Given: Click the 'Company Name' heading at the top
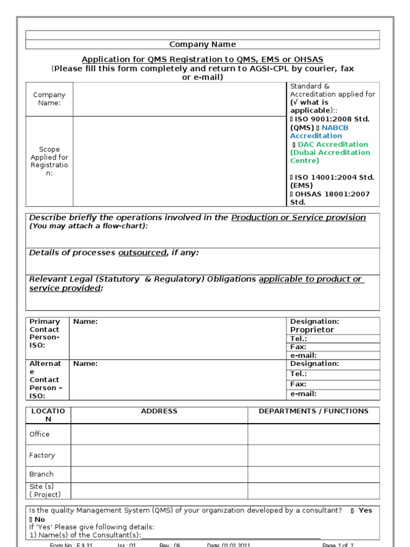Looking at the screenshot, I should tap(202, 44).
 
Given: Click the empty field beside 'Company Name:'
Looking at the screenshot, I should tap(179, 99).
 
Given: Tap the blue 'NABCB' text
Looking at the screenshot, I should tap(335, 128).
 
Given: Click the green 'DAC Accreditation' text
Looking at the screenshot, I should tap(333, 144).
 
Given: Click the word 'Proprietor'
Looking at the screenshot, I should tap(312, 330).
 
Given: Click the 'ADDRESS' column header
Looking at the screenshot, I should tap(159, 411).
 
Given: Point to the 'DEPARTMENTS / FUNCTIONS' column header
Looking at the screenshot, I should tap(313, 411).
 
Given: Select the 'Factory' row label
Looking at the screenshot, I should tap(42, 456).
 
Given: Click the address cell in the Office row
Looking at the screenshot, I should tap(159, 434).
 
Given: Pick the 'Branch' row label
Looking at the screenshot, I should tap(42, 474).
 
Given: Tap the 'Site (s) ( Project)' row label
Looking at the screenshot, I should tap(45, 490).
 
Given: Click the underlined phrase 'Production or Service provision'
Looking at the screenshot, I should tap(298, 217).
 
